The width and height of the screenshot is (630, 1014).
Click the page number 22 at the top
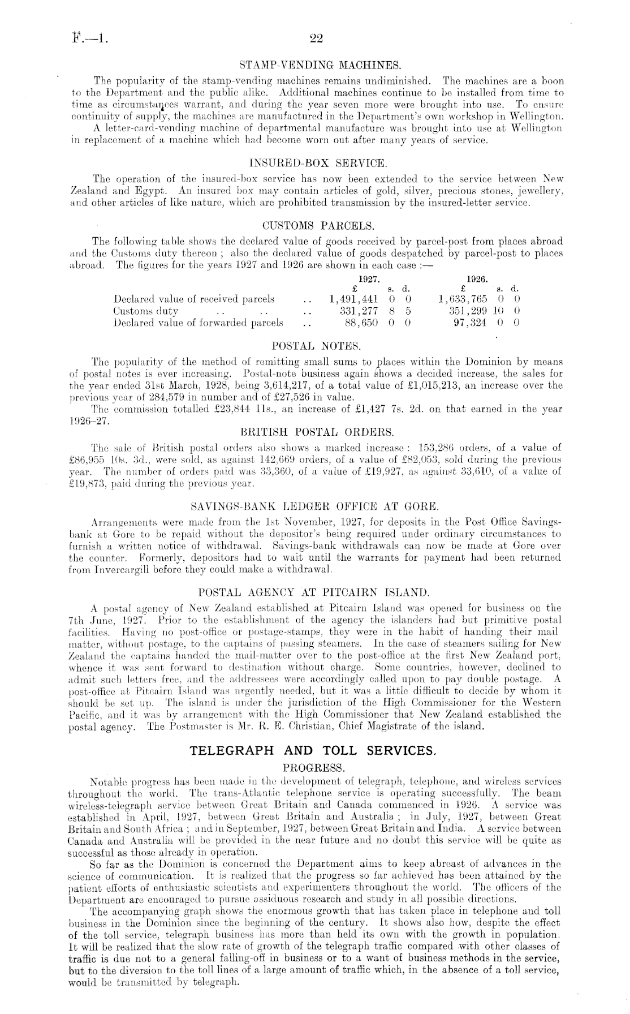(316, 39)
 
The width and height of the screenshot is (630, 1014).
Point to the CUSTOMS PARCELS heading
(316, 227)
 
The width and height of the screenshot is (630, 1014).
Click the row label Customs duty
(146, 311)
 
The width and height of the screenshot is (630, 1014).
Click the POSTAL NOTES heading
(316, 346)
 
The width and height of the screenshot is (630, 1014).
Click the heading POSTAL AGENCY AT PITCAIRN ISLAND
(316, 593)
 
